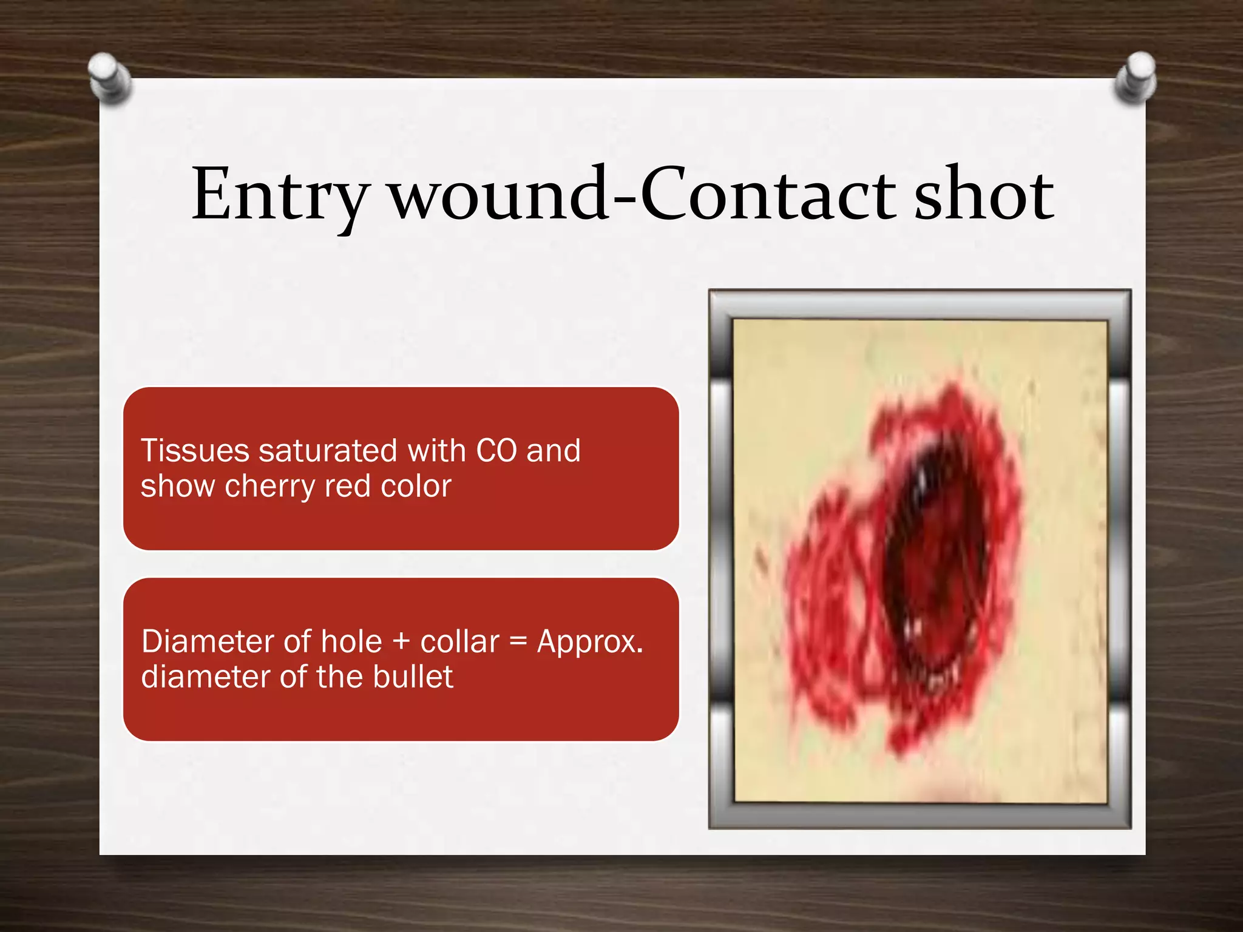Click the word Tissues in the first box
click(x=195, y=451)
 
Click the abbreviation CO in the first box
click(x=496, y=451)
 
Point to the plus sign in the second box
click(x=401, y=642)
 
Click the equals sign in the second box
click(x=517, y=642)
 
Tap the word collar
click(x=459, y=641)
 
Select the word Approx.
click(x=590, y=643)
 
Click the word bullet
click(x=413, y=677)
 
